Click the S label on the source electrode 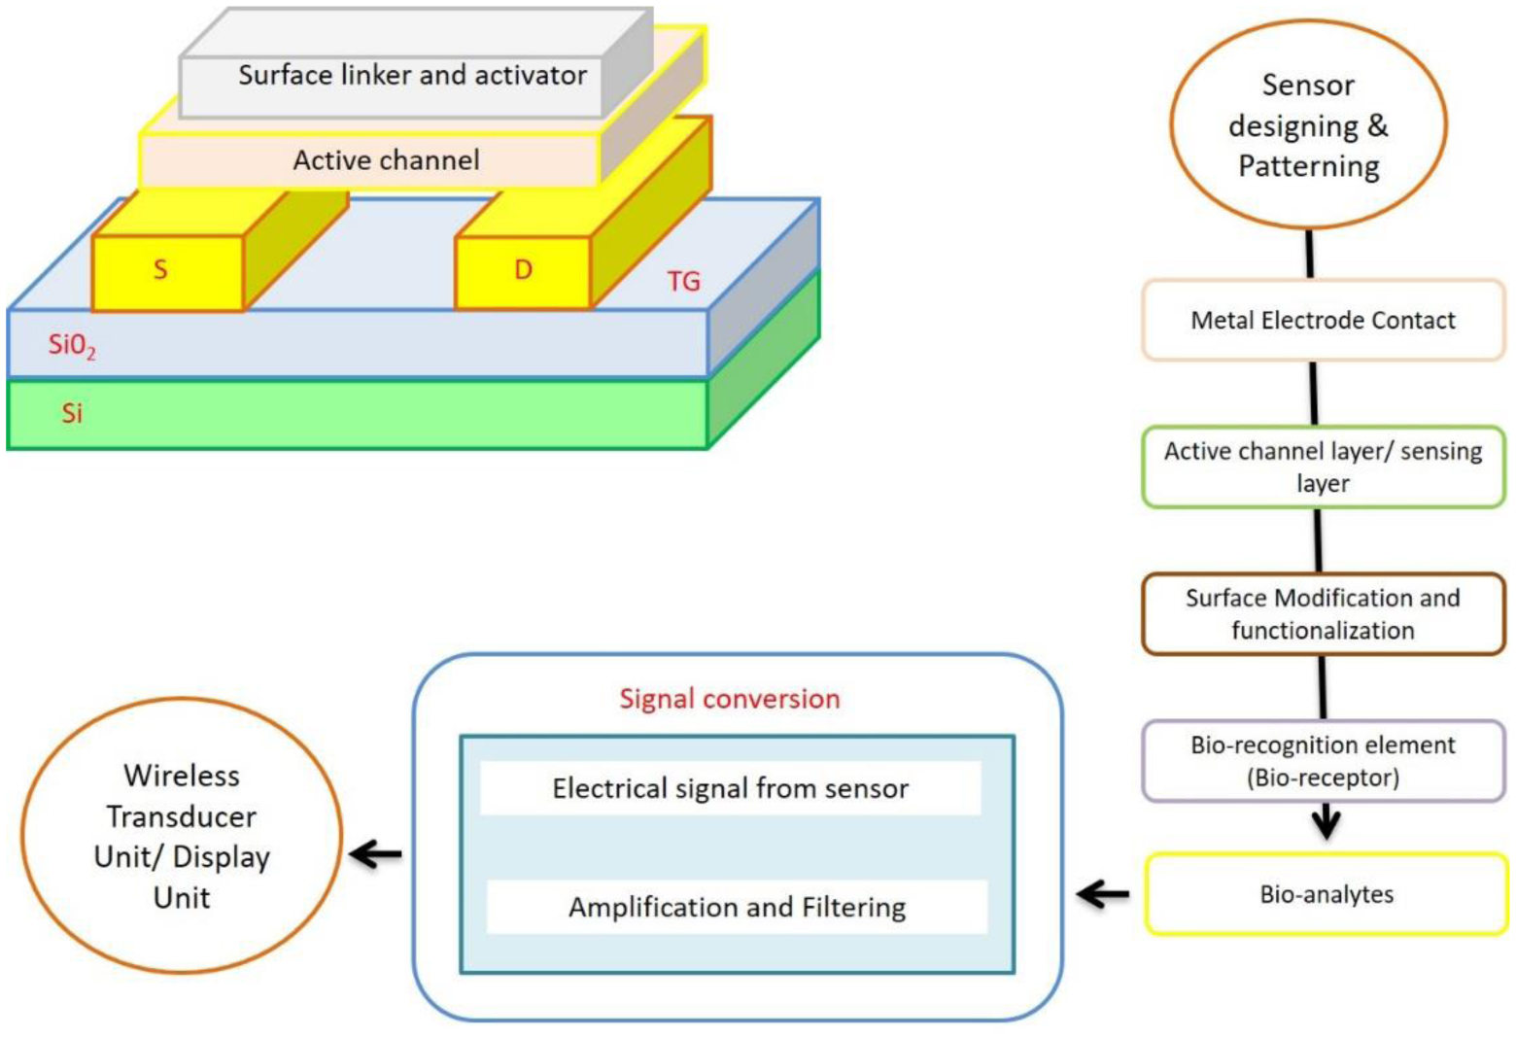click(161, 269)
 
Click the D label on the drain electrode click(523, 269)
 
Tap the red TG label click(683, 281)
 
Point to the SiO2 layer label click(72, 345)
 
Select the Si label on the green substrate click(72, 413)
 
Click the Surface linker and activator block click(412, 76)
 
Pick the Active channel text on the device click(386, 160)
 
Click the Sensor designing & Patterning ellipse click(1308, 125)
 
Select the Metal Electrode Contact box click(1323, 320)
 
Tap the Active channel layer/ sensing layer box click(1323, 467)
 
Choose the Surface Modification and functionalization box click(1323, 613)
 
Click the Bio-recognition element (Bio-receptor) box click(1323, 761)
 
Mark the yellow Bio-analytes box click(1326, 894)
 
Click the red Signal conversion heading click(729, 699)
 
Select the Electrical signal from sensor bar click(730, 788)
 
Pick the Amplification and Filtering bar click(737, 907)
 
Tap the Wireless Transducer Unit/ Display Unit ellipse click(182, 836)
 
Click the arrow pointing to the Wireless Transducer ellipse click(375, 855)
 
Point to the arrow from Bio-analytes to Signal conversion click(1104, 894)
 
